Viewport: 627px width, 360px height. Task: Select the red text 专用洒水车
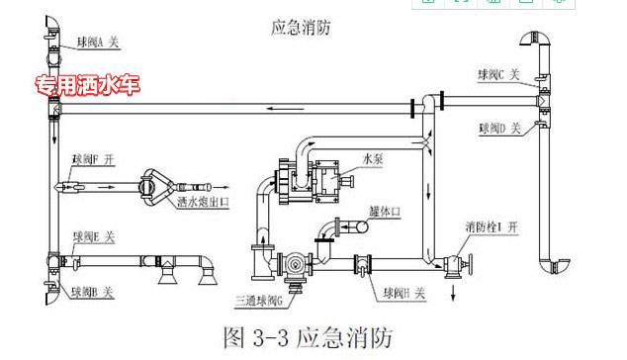pyautogui.click(x=87, y=86)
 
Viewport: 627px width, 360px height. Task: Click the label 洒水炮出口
pyautogui.click(x=203, y=203)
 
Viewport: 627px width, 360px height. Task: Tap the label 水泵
pyautogui.click(x=372, y=157)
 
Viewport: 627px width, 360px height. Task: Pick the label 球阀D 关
pyautogui.click(x=503, y=128)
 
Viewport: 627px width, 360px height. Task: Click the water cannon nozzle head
pyautogui.click(x=157, y=184)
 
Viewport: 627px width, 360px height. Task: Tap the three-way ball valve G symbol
pyautogui.click(x=294, y=264)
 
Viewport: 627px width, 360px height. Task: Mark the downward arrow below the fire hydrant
pyautogui.click(x=452, y=294)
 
